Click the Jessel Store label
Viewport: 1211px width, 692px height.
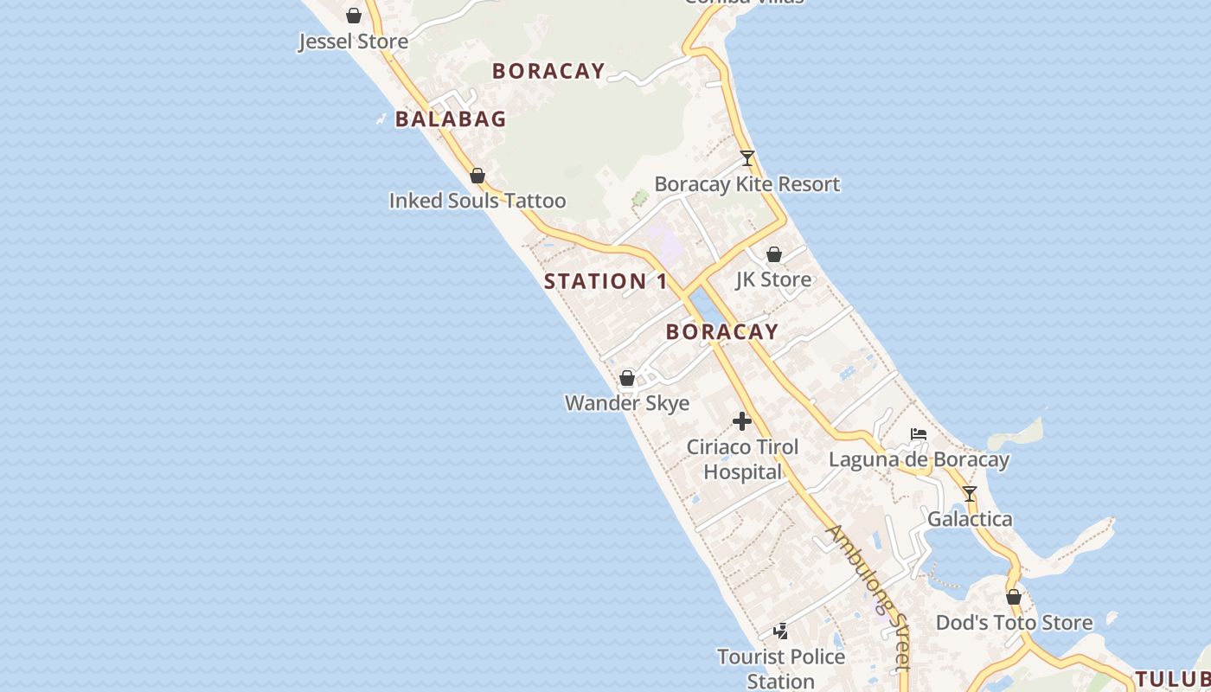(x=353, y=42)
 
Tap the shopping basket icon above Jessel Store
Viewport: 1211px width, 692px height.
(x=353, y=16)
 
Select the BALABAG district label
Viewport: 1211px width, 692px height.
(x=451, y=119)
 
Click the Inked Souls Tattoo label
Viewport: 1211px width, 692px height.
(x=477, y=201)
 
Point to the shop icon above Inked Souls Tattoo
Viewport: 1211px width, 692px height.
(x=477, y=176)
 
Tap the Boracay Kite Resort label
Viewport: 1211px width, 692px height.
(x=747, y=184)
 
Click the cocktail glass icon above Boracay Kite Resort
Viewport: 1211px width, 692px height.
(x=747, y=158)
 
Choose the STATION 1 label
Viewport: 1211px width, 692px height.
(x=605, y=281)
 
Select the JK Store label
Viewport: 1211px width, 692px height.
(x=773, y=279)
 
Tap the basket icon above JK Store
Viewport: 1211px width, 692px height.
(x=773, y=254)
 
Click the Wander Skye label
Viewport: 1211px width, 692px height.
(x=627, y=403)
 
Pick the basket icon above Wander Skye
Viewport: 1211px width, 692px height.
(x=627, y=378)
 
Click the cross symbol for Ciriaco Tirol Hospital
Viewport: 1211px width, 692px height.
(x=742, y=421)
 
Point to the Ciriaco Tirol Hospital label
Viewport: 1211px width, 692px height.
(x=742, y=459)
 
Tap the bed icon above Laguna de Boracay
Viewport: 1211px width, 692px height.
(x=919, y=434)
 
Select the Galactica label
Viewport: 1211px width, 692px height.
(x=970, y=519)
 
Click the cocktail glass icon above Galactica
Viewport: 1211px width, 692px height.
(x=970, y=494)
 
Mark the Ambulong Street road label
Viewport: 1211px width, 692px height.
(x=868, y=597)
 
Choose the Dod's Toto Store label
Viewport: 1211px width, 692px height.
(x=1014, y=623)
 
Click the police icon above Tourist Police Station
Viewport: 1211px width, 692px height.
(x=780, y=631)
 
